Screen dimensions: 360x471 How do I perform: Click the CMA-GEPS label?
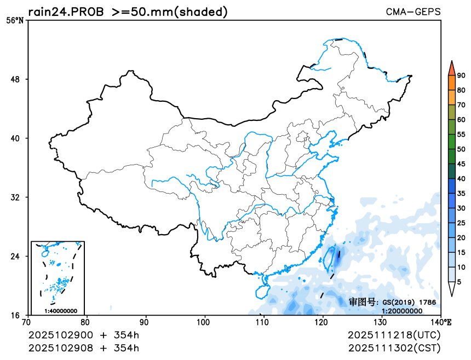pyautogui.click(x=413, y=11)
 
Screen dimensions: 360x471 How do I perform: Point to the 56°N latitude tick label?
pyautogui.click(x=15, y=21)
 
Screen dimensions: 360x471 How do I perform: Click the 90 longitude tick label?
pyautogui.click(x=146, y=322)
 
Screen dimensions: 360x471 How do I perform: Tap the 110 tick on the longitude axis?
pyautogui.click(x=264, y=322)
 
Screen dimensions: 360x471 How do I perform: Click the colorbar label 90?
pyautogui.click(x=461, y=76)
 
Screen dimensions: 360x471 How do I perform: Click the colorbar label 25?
pyautogui.click(x=461, y=223)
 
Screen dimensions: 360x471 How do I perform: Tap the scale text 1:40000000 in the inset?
pyautogui.click(x=60, y=311)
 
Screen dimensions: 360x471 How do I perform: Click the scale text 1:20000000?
pyautogui.click(x=401, y=311)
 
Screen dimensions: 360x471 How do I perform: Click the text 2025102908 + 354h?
pyautogui.click(x=83, y=347)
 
